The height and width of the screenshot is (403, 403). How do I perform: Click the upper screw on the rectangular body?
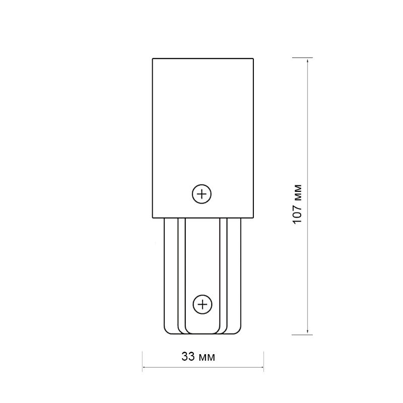pos(202,194)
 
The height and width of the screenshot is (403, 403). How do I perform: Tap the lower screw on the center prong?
pos(203,305)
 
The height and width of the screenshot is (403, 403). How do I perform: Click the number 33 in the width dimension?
pos(188,357)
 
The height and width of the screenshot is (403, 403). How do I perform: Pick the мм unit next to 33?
pos(207,358)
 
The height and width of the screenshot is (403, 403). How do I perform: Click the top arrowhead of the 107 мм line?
pos(308,60)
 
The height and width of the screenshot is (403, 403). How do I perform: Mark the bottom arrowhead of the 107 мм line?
pos(308,332)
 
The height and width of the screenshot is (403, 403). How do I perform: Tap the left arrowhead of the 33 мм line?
pos(145,367)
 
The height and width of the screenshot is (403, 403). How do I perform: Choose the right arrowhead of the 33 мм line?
pos(261,367)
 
